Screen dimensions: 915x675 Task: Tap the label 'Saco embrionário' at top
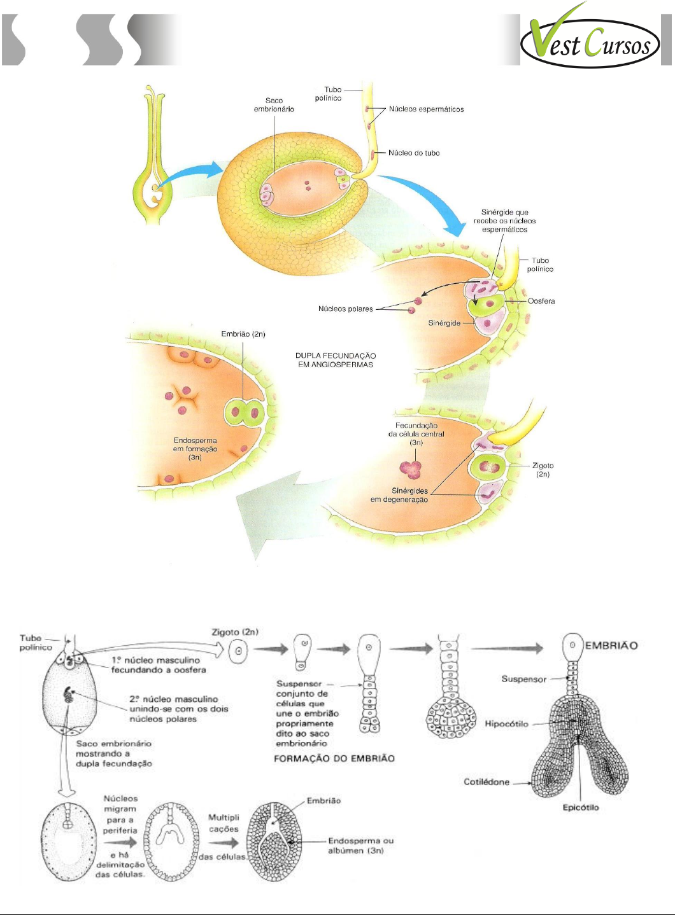click(x=274, y=105)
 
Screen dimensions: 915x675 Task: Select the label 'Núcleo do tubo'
click(x=414, y=153)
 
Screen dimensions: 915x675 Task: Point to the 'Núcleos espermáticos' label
click(x=426, y=109)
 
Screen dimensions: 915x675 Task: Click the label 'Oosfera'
click(x=541, y=302)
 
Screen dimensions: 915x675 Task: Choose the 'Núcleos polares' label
click(x=346, y=309)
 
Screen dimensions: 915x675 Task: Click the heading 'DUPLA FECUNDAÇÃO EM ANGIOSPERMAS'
click(x=336, y=360)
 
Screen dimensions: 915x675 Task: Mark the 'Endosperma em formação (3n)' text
click(x=195, y=449)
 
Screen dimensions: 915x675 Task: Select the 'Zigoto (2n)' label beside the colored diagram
click(x=543, y=470)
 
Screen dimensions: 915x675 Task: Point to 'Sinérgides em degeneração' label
click(x=399, y=495)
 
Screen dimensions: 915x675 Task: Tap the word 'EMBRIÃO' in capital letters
click(x=611, y=645)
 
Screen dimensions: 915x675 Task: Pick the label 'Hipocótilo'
click(x=506, y=724)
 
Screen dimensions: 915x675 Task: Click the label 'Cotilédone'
click(x=487, y=782)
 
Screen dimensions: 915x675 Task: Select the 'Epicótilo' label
click(x=580, y=807)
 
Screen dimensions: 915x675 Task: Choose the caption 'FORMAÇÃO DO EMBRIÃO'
click(x=334, y=758)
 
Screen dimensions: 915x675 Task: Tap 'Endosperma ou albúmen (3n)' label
click(x=360, y=846)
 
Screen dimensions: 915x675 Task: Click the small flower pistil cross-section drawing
click(x=153, y=156)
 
